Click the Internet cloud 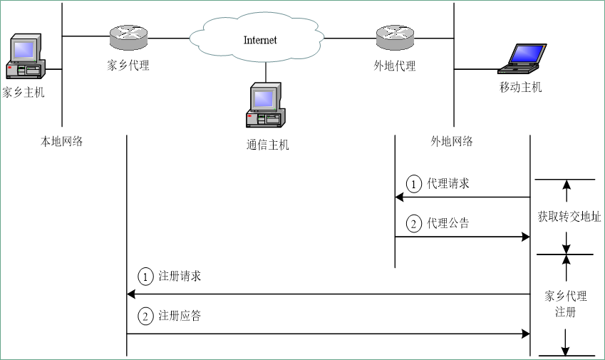coord(260,39)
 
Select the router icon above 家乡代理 coord(128,36)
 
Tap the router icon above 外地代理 coord(394,36)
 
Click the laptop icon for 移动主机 coord(522,58)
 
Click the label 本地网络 coord(61,141)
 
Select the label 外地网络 coord(452,141)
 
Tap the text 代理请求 coord(448,183)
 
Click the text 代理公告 coord(448,223)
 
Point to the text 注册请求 coord(180,276)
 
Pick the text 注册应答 coord(180,316)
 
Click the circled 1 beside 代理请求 coord(414,184)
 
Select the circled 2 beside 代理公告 coord(414,224)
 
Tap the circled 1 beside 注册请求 coord(145,277)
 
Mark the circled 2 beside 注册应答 coord(145,317)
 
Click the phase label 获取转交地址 coord(569,217)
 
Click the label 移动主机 coord(520,88)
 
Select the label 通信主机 coord(268,145)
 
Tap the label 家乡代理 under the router coord(128,66)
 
